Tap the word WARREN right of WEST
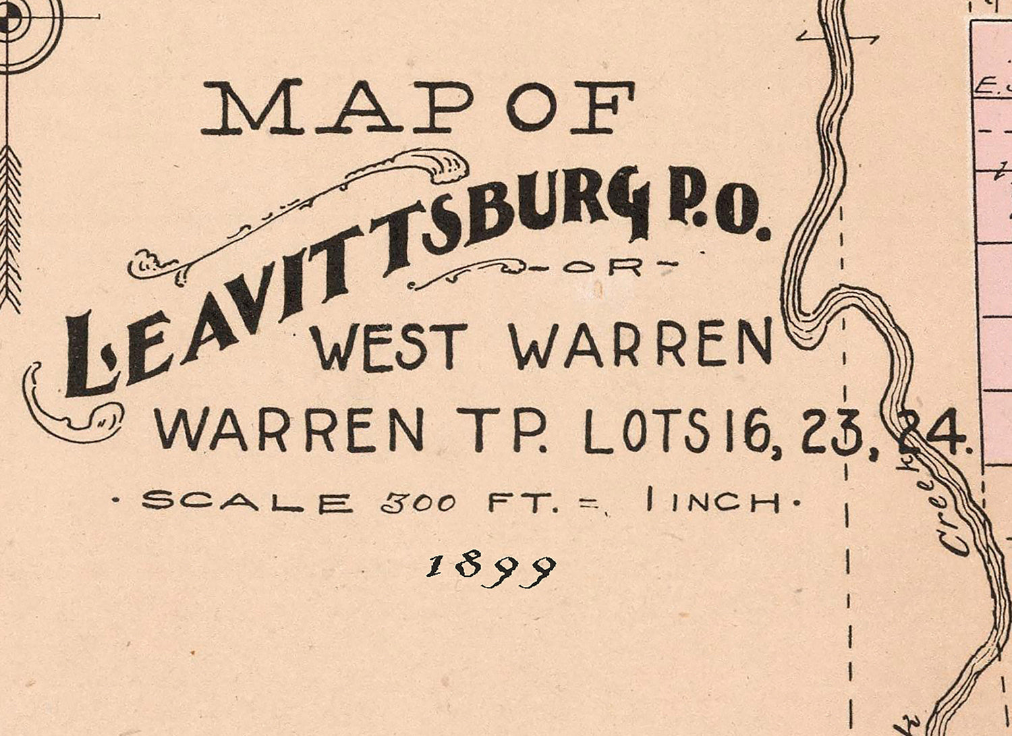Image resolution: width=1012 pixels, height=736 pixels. tap(641, 343)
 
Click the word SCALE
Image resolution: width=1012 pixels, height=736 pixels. tap(247, 502)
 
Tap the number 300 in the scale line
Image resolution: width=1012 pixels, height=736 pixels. tap(418, 503)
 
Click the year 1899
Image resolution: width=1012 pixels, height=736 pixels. tap(491, 570)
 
